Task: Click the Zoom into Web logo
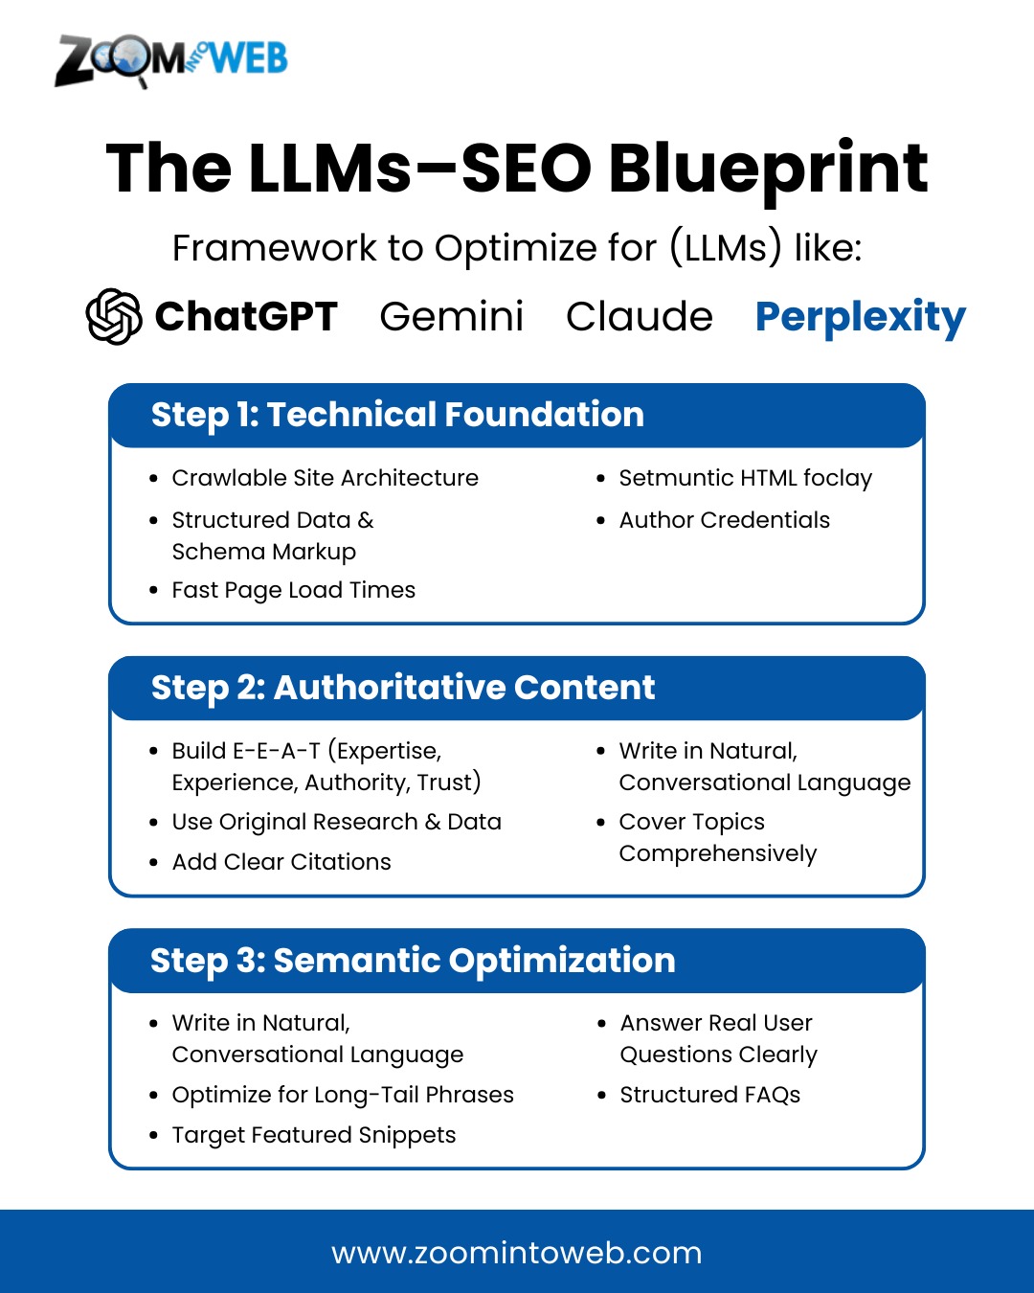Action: point(171,60)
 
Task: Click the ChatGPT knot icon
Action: point(114,317)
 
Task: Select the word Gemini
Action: point(452,317)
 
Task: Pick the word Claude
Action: point(640,317)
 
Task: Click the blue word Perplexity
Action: point(861,318)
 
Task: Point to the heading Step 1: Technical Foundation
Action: point(397,415)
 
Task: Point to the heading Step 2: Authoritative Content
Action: point(402,688)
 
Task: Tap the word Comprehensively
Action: point(718,853)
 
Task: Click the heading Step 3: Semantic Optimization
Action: point(413,960)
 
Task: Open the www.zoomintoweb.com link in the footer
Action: point(517,1254)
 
